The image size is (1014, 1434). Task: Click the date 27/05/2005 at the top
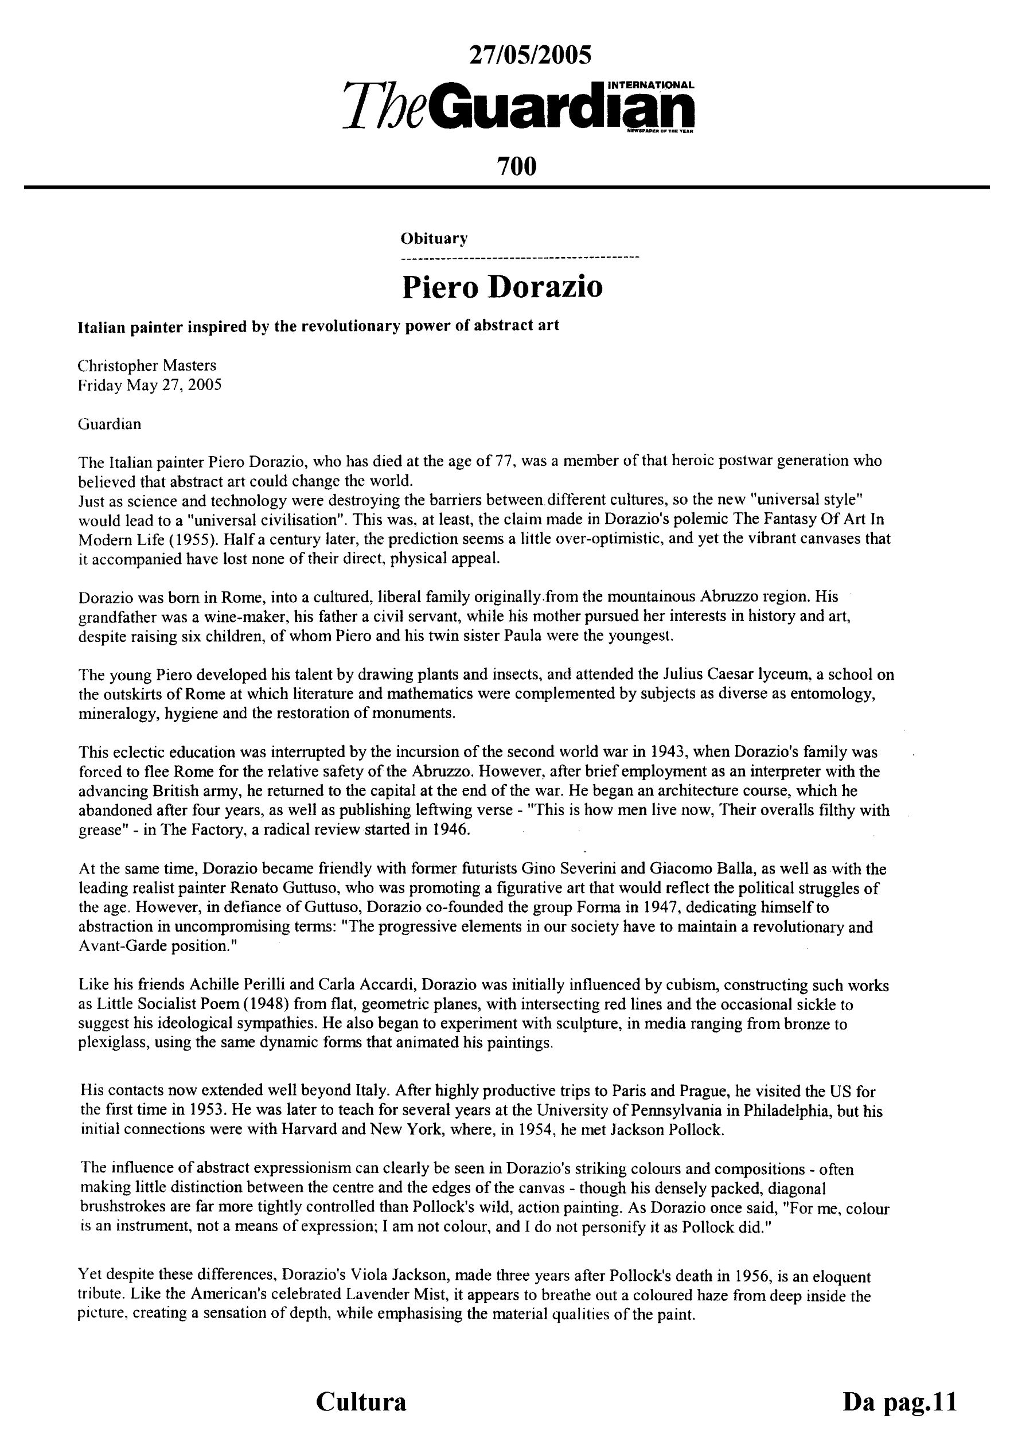point(529,56)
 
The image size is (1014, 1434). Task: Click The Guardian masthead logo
point(518,107)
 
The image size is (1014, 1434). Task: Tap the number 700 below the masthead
point(516,166)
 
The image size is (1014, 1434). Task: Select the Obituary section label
point(434,238)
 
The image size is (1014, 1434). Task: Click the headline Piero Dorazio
point(502,287)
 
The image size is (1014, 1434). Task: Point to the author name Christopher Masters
point(147,365)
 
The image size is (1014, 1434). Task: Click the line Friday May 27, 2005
point(149,385)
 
